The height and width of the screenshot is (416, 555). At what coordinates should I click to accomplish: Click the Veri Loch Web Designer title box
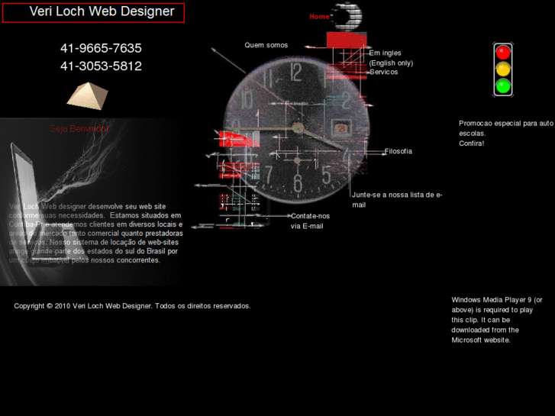point(92,12)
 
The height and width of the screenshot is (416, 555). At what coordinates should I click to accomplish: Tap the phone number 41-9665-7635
point(101,48)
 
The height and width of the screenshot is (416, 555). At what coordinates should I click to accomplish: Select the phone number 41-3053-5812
point(101,66)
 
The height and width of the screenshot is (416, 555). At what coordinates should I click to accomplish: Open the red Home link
point(319,17)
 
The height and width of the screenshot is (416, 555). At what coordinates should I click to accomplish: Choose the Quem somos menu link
point(266,45)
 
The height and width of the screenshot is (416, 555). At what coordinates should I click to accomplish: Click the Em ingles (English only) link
point(390,58)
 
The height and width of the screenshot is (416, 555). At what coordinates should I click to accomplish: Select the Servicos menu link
point(383,72)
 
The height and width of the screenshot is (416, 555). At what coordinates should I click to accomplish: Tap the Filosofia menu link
point(398,151)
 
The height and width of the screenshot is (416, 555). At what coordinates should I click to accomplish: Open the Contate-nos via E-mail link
point(309,221)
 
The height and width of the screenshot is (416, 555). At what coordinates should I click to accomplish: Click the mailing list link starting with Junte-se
point(396,199)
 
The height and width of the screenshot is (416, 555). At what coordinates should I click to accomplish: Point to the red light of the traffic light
point(502,53)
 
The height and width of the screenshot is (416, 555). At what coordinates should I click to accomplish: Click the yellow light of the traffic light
point(502,69)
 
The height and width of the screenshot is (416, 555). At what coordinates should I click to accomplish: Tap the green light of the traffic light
point(502,85)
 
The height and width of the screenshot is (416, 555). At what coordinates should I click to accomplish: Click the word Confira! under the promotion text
point(471,144)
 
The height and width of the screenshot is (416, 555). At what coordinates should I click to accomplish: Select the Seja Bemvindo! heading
point(79,129)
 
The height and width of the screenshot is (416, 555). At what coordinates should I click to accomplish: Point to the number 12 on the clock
point(296,71)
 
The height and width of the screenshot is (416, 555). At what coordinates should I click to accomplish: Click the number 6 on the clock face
point(298,183)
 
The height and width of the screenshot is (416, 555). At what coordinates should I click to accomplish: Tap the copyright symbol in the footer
point(49,306)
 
